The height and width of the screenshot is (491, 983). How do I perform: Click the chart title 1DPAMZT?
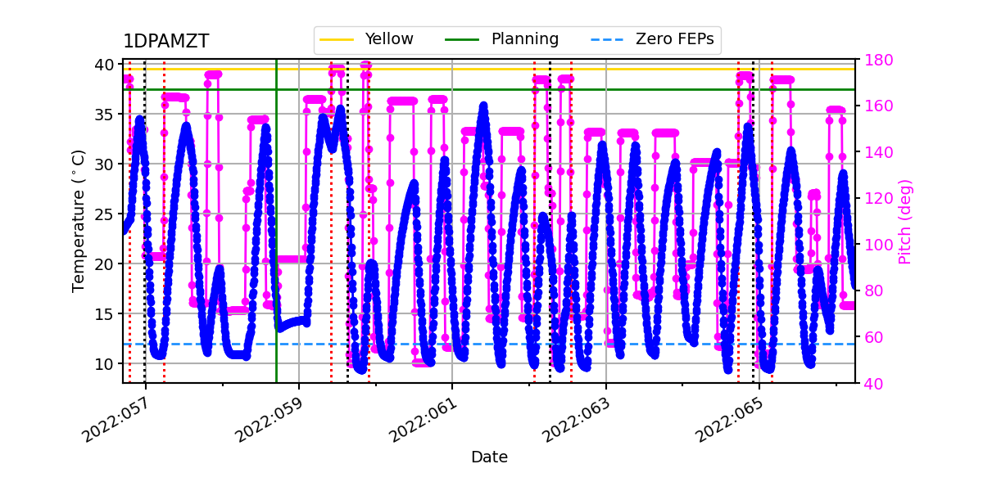pyautogui.click(x=166, y=42)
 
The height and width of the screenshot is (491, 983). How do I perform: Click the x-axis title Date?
pyautogui.click(x=489, y=457)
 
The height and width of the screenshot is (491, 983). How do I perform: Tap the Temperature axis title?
pyautogui.click(x=79, y=221)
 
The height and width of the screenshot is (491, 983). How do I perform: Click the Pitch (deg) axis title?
pyautogui.click(x=904, y=221)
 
